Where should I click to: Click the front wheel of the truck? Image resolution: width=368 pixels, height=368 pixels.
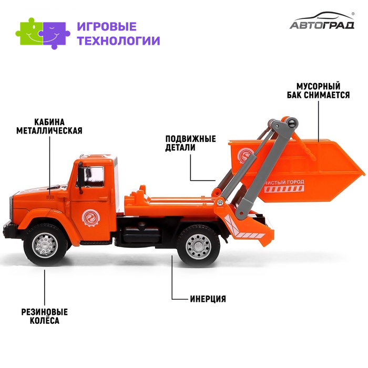45,245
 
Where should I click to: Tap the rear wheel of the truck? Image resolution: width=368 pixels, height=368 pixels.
198,246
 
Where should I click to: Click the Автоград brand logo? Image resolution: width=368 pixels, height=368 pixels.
322,21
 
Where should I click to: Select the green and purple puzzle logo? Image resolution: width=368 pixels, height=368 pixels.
43,33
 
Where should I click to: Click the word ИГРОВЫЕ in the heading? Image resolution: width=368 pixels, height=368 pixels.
107,26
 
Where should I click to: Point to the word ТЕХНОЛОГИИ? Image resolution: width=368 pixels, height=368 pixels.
118,40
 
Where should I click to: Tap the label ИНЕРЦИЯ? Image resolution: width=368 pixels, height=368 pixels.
208,299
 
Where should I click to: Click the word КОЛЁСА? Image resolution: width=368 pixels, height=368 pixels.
45,320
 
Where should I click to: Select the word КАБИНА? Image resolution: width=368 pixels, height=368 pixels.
49,122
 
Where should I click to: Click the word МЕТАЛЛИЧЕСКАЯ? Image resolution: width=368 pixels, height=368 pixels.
49,130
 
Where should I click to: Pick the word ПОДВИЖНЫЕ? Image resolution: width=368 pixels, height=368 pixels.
190,139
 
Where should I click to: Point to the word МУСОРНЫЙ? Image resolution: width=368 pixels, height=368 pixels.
318,86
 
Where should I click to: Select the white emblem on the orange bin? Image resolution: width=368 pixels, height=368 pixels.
245,155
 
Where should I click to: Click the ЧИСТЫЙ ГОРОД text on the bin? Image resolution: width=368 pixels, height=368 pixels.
284,182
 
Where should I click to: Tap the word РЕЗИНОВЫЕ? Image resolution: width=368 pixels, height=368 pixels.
45,312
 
